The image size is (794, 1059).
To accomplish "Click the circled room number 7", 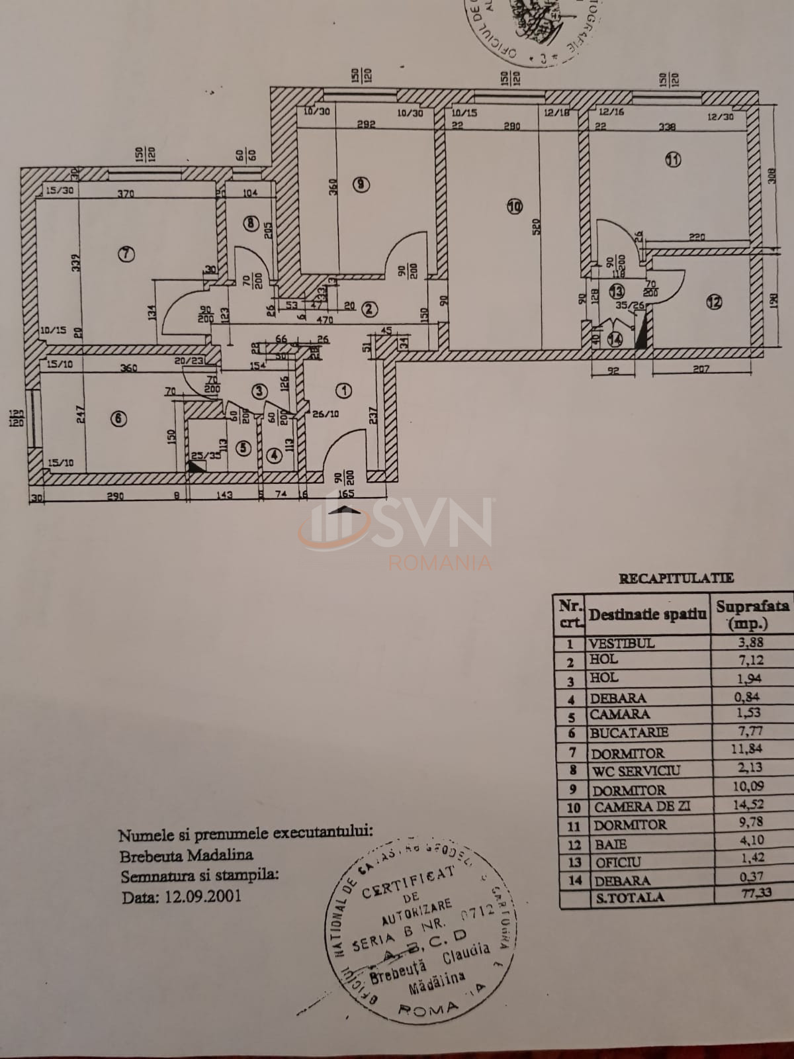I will click(126, 253).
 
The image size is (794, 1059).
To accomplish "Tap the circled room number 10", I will click(515, 207).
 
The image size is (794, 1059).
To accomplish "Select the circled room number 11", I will click(673, 160).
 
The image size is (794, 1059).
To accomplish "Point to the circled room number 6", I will click(118, 419).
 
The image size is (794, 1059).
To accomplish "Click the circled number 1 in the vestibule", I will click(343, 391).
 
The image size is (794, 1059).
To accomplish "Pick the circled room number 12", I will click(713, 302).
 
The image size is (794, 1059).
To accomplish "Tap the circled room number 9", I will click(359, 185).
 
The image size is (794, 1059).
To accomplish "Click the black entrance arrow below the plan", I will click(346, 510).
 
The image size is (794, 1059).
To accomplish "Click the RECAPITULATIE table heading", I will click(676, 578).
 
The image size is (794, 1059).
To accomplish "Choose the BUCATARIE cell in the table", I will click(620, 733).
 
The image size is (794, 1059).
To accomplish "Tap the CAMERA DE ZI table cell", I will click(633, 807).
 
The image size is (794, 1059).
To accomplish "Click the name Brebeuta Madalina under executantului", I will click(186, 855).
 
